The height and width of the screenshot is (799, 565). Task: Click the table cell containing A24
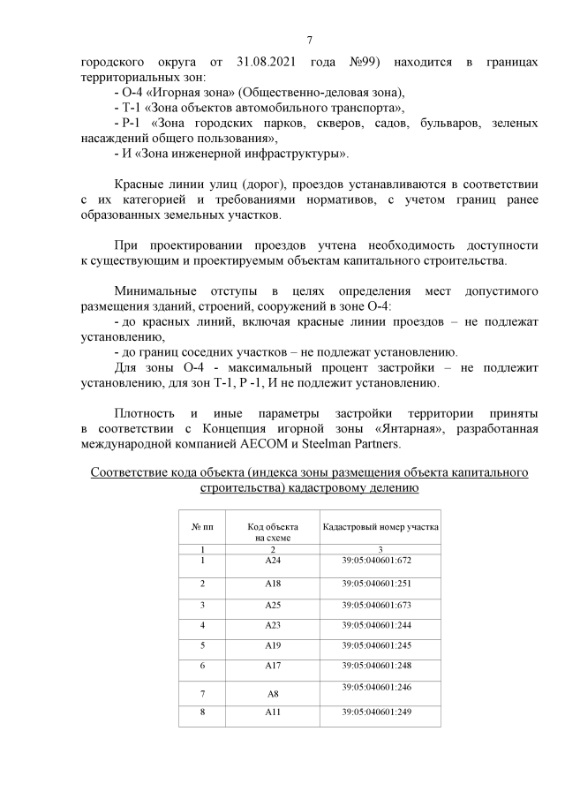point(272,560)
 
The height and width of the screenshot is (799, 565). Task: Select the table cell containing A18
point(272,583)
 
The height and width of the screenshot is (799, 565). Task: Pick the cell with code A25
point(272,605)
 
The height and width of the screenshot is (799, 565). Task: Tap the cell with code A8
point(272,695)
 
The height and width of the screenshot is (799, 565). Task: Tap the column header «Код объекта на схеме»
point(272,531)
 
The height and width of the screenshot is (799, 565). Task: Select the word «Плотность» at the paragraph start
point(147,413)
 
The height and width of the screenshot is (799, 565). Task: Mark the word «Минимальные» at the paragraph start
point(154,290)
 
